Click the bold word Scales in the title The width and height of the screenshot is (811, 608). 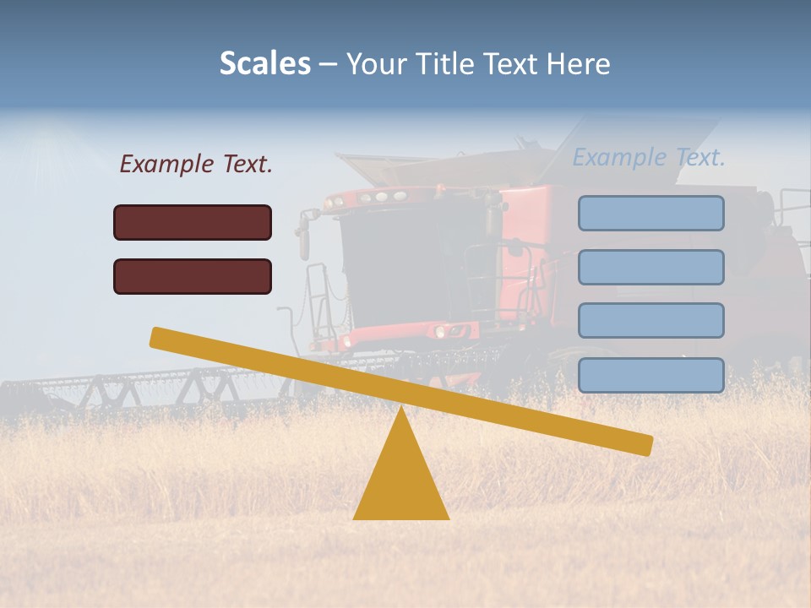point(264,63)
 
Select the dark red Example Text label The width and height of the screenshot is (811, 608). point(196,165)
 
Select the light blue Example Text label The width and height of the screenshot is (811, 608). point(649,157)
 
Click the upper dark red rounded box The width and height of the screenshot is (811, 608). point(193,222)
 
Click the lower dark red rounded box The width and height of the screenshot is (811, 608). point(193,276)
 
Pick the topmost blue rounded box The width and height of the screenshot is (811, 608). point(650,213)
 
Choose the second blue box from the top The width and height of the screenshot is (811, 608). point(650,267)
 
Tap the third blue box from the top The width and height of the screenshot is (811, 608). point(650,320)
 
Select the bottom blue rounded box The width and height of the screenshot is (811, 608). point(650,375)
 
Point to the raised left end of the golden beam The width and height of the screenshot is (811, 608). point(161,337)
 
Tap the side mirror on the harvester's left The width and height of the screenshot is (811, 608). point(303,237)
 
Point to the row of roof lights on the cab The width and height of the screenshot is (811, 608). point(372,198)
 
